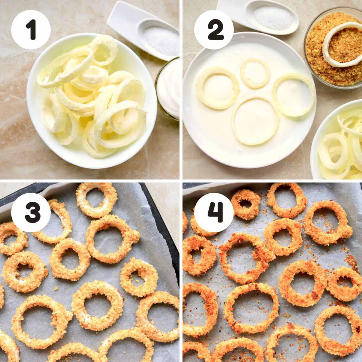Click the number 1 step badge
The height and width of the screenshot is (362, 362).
pyautogui.click(x=31, y=29)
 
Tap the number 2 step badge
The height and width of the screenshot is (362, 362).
pyautogui.click(x=214, y=29)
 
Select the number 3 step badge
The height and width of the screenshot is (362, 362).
pyautogui.click(x=31, y=213)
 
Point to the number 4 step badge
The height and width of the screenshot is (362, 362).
pyautogui.click(x=214, y=213)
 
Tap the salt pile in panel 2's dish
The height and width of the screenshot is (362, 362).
pyautogui.click(x=272, y=17)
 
